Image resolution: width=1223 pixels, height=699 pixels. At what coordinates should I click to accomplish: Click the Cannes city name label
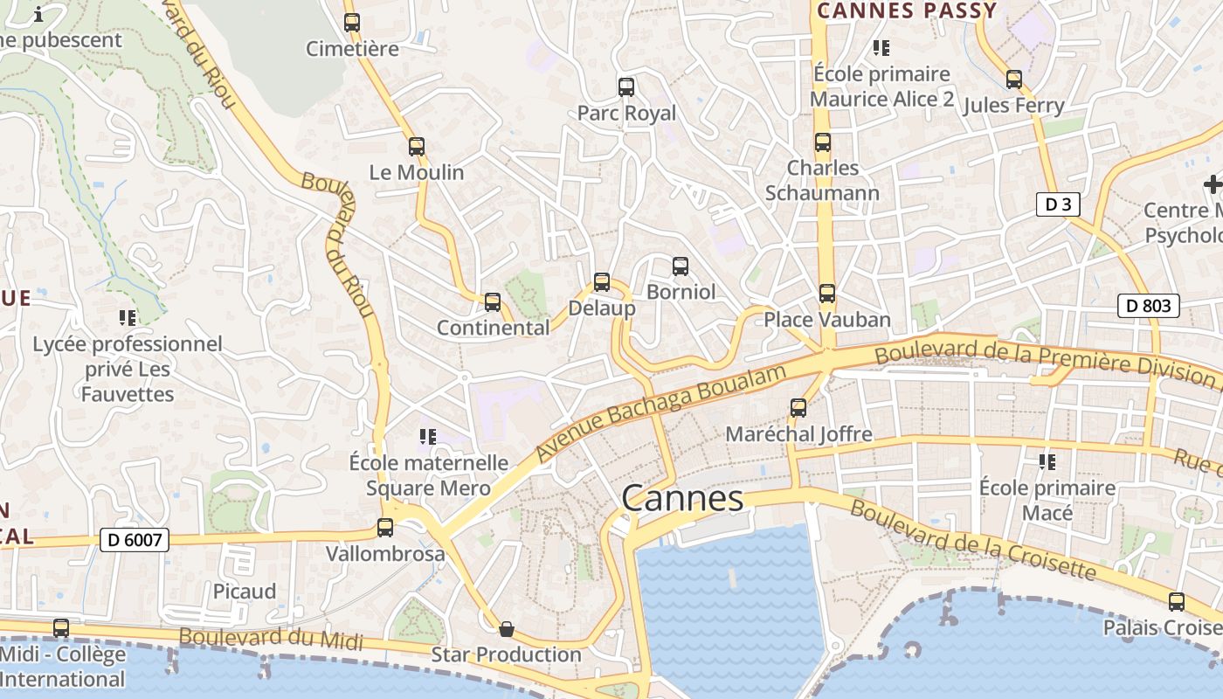[682, 499]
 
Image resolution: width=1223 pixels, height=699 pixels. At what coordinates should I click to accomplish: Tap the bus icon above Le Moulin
[417, 147]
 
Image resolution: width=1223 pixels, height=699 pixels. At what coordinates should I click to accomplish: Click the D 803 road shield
[1149, 306]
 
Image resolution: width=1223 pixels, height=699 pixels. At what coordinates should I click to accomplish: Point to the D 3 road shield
[1058, 204]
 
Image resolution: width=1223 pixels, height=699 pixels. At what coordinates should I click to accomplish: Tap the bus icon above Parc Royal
[626, 87]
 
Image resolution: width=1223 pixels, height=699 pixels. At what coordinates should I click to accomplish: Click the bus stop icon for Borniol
[681, 266]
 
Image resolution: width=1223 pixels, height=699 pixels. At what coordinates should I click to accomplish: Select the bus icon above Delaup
[602, 282]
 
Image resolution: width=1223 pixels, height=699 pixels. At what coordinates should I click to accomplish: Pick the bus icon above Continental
[493, 302]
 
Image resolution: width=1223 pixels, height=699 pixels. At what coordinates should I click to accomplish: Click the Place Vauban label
[827, 320]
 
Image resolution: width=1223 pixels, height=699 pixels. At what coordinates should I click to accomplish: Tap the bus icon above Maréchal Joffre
[798, 407]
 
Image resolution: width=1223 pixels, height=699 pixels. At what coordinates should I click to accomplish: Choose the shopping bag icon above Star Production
[506, 629]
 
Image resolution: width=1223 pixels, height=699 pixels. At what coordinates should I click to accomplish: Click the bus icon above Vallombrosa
[385, 528]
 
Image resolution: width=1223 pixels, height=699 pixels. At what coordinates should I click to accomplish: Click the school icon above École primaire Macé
[1047, 461]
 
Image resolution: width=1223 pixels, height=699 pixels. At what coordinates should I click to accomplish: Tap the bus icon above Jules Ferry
[1014, 80]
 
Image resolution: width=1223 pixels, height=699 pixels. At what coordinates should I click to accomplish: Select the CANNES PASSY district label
[907, 11]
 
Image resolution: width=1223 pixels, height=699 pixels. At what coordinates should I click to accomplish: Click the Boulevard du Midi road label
[271, 638]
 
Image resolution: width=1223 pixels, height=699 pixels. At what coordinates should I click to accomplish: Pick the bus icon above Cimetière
[352, 23]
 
